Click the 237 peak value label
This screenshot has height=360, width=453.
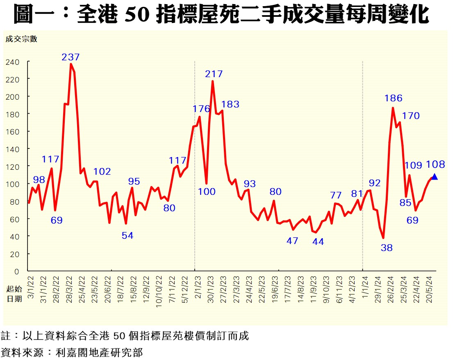click(71, 57)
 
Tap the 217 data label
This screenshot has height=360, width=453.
click(214, 74)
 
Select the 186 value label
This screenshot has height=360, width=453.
click(393, 98)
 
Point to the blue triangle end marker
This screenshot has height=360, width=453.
click(434, 177)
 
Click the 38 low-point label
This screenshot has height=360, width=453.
click(387, 248)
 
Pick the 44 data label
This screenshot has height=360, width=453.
click(318, 242)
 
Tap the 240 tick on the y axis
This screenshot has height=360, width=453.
click(12, 62)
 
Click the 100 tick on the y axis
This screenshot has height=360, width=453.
click(12, 185)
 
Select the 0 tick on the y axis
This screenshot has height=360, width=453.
click(16, 271)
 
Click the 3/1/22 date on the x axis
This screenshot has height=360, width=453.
click(31, 287)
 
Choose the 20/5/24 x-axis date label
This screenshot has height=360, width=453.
click(429, 289)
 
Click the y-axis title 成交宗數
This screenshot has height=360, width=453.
click(21, 39)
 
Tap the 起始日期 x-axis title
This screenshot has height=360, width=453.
click(14, 294)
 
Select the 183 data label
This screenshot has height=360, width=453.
click(230, 104)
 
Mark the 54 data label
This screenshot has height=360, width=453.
click(127, 236)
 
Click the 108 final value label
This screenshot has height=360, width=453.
click(435, 165)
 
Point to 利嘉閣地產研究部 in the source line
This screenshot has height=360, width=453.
click(99, 353)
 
